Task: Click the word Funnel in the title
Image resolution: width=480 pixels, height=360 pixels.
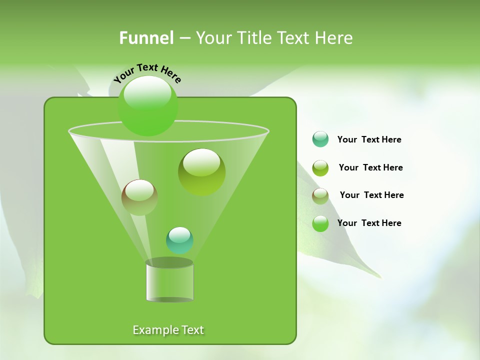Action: coord(146,38)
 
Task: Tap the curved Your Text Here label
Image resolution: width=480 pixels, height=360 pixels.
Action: coord(147,72)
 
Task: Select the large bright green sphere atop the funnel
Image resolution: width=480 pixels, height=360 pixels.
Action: coord(148,106)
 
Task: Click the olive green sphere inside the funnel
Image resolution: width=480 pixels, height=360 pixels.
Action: coord(201,171)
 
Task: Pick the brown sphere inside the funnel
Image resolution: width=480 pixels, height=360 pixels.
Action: coord(139,197)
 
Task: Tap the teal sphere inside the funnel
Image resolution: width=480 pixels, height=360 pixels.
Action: coord(179,240)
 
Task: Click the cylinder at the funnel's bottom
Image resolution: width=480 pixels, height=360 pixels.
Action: coord(169,282)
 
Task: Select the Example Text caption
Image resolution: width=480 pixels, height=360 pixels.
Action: coord(168,330)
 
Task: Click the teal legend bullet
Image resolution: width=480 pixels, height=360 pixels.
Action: coord(320,139)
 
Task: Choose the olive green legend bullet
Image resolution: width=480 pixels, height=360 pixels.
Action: coord(320,168)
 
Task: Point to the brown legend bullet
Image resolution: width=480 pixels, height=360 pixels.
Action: coord(320,196)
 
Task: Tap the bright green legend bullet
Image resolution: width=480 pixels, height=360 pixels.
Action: coord(320,223)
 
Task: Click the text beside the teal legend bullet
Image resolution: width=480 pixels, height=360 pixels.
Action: coord(369,139)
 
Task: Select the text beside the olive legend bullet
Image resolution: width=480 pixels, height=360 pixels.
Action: coord(370,167)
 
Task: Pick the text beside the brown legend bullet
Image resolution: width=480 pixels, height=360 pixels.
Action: coord(371,195)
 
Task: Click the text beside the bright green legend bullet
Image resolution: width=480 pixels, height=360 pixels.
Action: coord(369,223)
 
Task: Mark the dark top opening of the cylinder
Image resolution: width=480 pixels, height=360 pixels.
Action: coord(169,262)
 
